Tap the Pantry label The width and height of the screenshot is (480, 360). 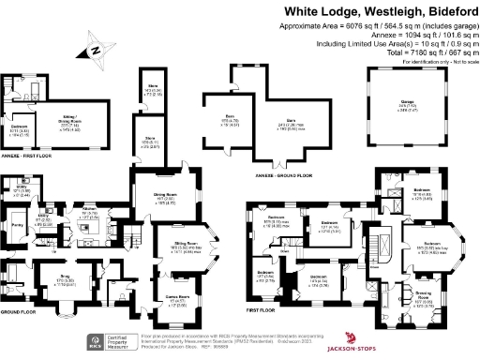click(17, 226)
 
